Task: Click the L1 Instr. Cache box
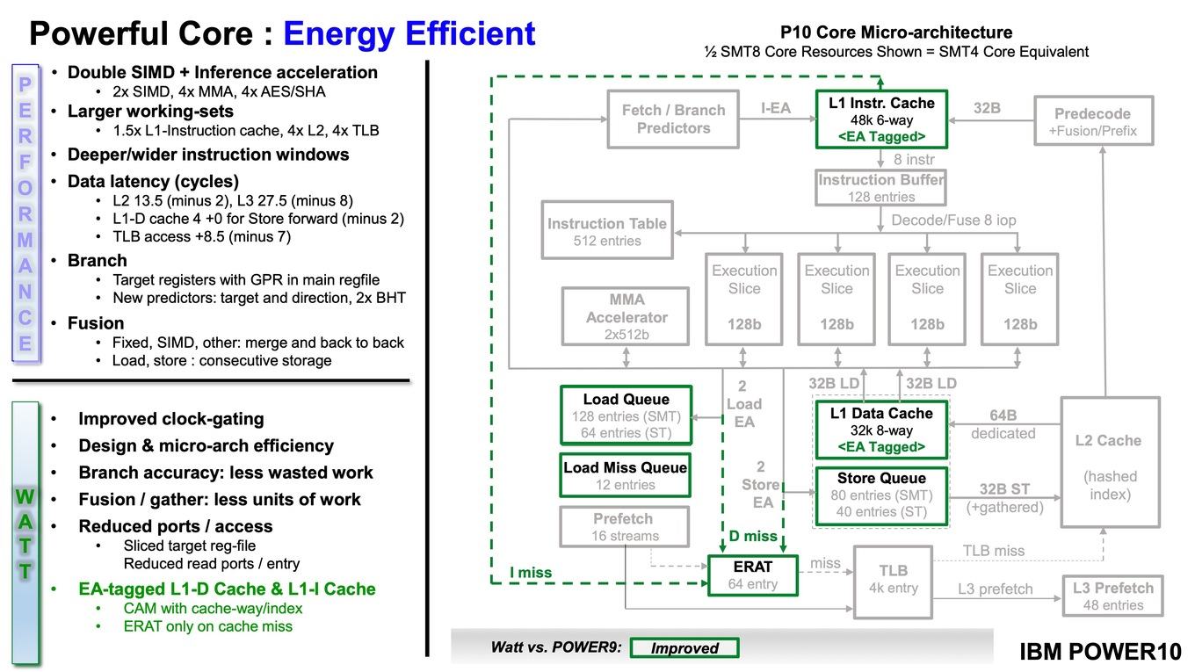881,119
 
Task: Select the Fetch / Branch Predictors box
673,119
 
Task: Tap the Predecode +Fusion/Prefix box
1094,120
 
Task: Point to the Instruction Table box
607,230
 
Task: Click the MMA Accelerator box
626,316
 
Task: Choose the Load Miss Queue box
626,475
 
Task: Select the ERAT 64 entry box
753,575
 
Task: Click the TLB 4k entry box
893,582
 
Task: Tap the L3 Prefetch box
1112,596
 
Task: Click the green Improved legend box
684,648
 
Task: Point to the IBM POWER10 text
1100,652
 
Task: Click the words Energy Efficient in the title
409,33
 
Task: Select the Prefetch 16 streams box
624,526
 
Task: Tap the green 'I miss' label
531,572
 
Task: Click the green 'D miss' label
753,536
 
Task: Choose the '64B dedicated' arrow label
1003,424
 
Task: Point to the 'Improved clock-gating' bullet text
171,419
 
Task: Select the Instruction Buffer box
880,188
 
